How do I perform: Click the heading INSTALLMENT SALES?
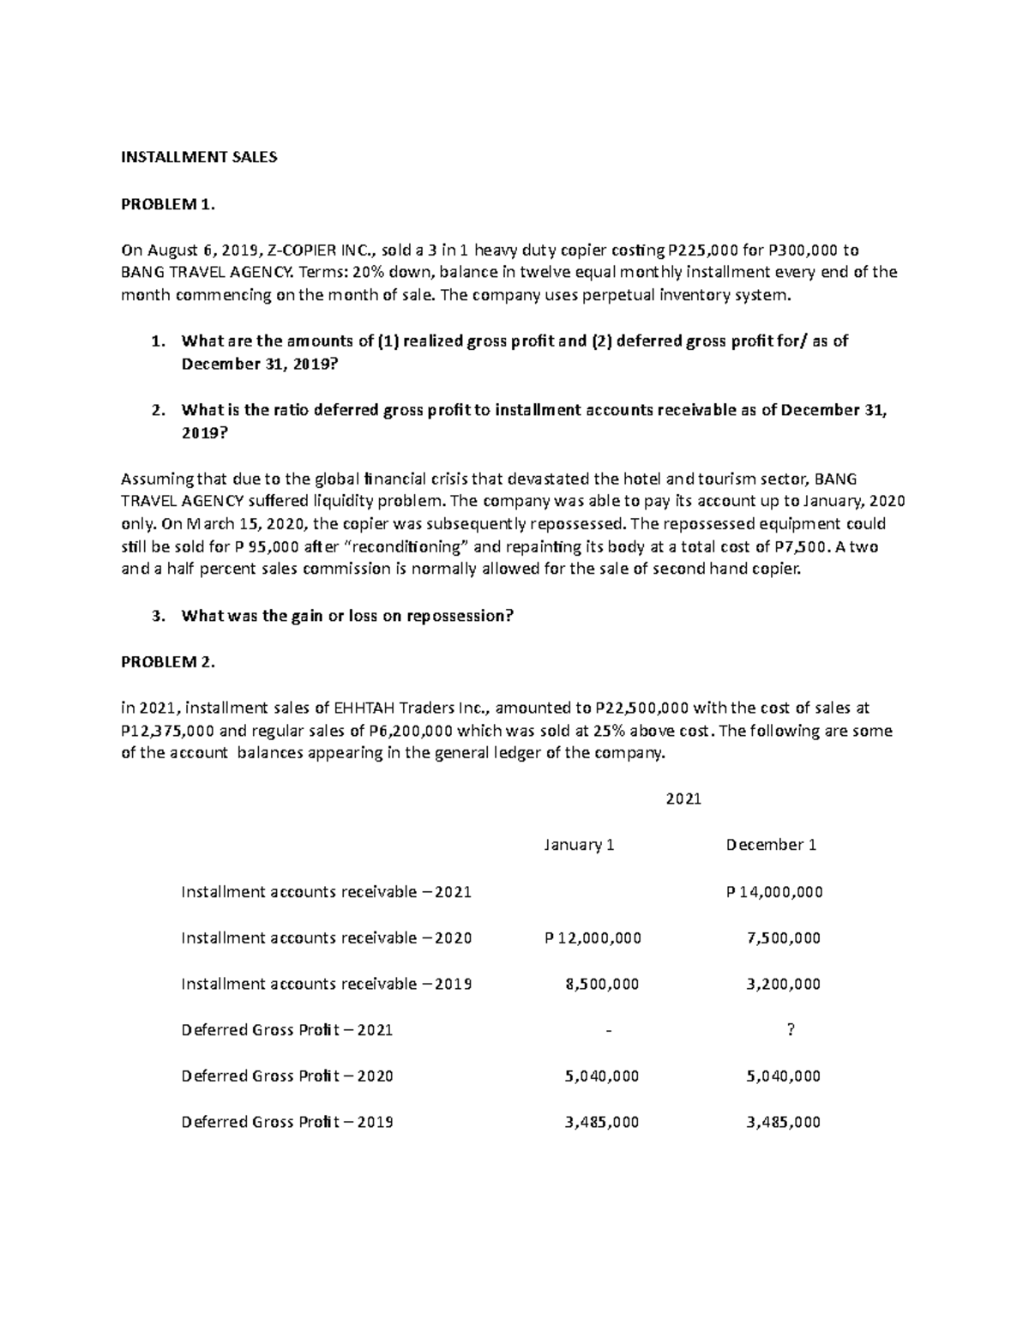pyautogui.click(x=199, y=158)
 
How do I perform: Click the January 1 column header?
pyautogui.click(x=579, y=845)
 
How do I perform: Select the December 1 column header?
pyautogui.click(x=771, y=845)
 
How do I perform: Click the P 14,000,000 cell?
pyautogui.click(x=774, y=892)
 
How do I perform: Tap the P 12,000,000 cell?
pyautogui.click(x=593, y=938)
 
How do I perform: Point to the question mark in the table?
pyautogui.click(x=790, y=1030)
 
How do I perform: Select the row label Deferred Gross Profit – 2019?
pyautogui.click(x=287, y=1122)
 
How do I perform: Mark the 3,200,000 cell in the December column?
pyautogui.click(x=784, y=984)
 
